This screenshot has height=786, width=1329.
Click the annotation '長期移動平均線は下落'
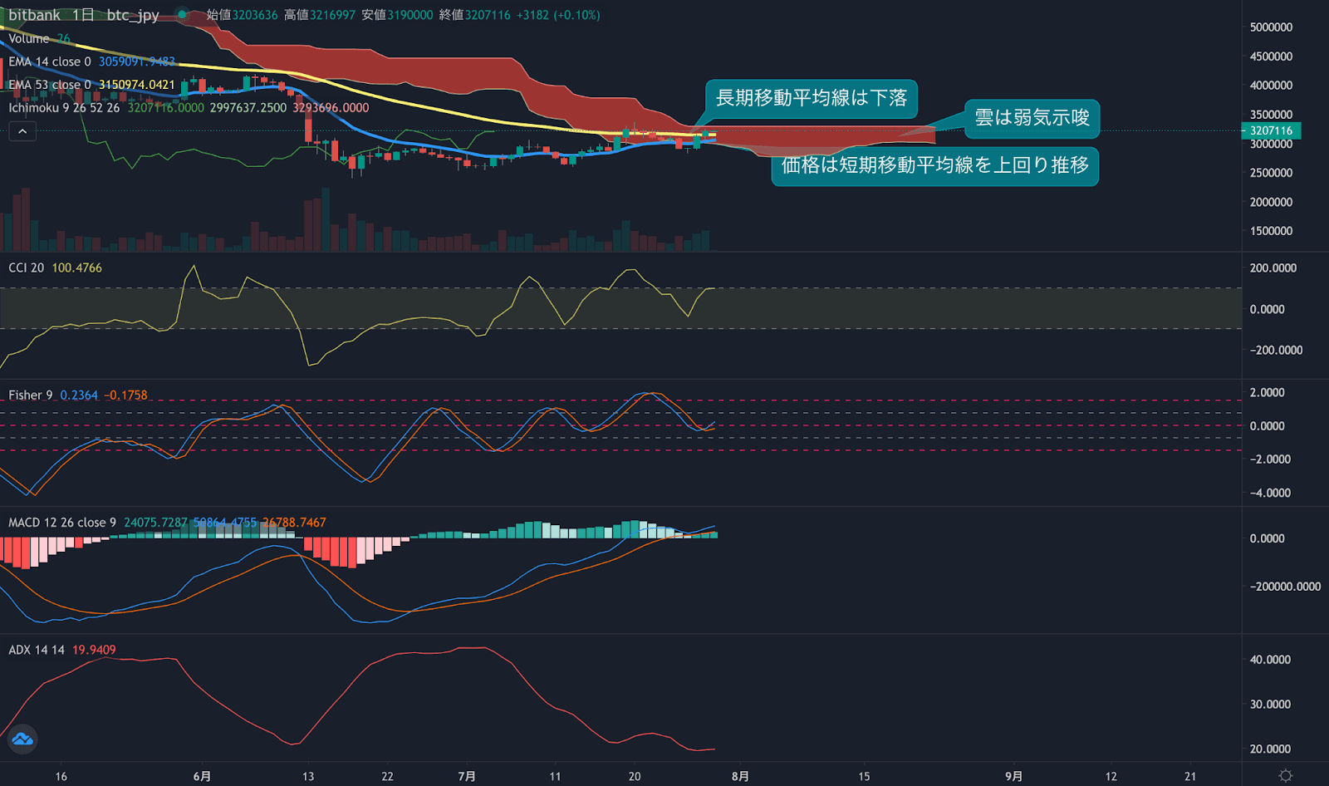(811, 98)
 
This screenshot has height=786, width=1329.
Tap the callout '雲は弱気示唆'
(1032, 118)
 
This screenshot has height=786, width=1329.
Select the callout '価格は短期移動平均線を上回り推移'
(934, 165)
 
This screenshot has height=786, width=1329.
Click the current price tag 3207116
(1271, 130)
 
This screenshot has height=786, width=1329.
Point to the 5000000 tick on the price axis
(1271, 27)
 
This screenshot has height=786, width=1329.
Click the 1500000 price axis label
(1271, 231)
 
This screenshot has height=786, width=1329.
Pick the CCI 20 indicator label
(26, 268)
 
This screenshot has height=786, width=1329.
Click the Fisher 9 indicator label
(30, 395)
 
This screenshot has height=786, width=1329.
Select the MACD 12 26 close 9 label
(62, 523)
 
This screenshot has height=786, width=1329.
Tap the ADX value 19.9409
(94, 650)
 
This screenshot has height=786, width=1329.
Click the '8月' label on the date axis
(740, 776)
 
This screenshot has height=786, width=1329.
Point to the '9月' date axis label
(1013, 776)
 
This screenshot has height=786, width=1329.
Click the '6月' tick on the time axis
(202, 776)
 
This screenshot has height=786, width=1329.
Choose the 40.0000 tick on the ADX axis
(1270, 660)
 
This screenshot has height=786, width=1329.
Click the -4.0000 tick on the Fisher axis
(1270, 493)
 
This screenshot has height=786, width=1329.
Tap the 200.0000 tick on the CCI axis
(1273, 268)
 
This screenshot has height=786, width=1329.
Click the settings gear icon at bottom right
(1286, 775)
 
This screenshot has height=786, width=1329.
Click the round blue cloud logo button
(22, 739)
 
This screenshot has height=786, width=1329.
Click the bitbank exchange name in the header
(34, 15)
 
